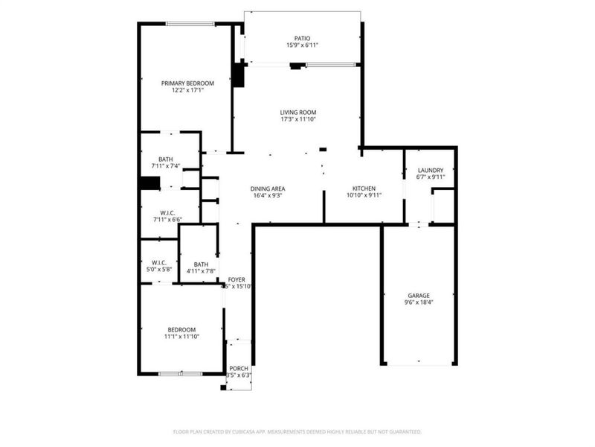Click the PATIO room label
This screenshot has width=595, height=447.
pos(302,38)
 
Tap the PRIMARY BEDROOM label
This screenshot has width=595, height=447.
pos(187,83)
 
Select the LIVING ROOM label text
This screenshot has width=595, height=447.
pos(297,112)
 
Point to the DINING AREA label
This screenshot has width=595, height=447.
pos(268,188)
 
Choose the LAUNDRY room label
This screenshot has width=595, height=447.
pos(430,170)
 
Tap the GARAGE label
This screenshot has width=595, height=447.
pos(418,295)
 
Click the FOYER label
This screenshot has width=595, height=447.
pos(237,279)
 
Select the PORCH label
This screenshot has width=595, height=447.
pos(238,369)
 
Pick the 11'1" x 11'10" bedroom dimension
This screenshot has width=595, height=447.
pos(181,337)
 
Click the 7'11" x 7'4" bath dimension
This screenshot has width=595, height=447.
pos(166,165)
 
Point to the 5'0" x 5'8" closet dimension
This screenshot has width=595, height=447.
pos(159,269)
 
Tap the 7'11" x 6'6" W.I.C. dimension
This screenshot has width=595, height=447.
pos(167,220)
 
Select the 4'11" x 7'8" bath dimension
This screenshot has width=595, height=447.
pos(201,271)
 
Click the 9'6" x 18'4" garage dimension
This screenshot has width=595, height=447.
pos(418,302)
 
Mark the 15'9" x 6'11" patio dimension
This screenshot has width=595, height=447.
pos(302,45)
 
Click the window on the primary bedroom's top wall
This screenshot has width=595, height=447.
pos(190,24)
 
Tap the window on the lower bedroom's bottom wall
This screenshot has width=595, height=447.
pos(181,372)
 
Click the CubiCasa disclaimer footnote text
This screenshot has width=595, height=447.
pos(297,431)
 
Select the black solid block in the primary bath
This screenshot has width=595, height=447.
pos(149,183)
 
